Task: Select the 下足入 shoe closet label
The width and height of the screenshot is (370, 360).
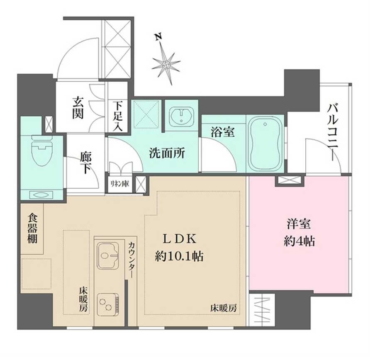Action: tap(117, 117)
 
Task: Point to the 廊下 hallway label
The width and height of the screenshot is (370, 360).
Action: tap(86, 163)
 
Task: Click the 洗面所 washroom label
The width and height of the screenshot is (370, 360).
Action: tap(167, 153)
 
